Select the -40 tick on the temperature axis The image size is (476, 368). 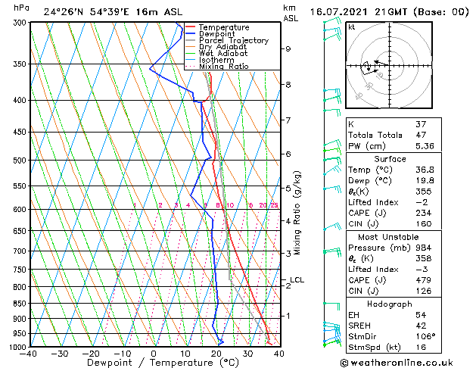29,354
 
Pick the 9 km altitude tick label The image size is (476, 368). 288,48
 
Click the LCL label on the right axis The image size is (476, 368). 297,280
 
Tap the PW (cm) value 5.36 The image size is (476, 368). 443,146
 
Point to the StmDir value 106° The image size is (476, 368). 443,335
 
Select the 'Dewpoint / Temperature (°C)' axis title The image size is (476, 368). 154,363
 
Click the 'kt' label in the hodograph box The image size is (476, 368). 352,27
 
